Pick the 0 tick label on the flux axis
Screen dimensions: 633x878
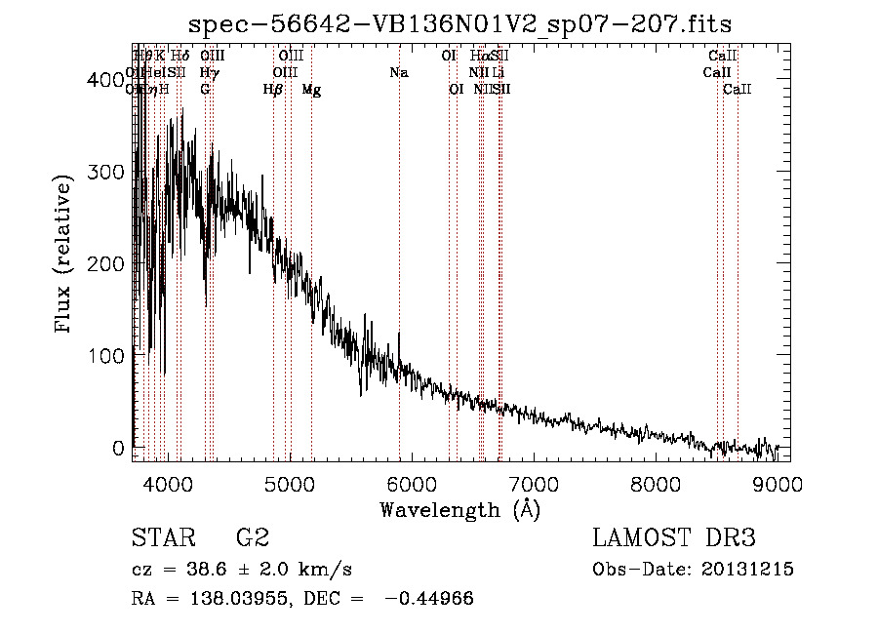(x=117, y=448)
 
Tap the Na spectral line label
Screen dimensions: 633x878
(x=398, y=72)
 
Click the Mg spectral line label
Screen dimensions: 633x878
(x=311, y=90)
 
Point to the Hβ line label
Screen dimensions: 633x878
(x=273, y=90)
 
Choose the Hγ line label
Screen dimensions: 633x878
(x=207, y=72)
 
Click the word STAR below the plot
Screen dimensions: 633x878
(x=163, y=537)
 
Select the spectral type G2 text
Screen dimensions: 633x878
(x=252, y=537)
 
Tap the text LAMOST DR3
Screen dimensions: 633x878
(x=673, y=537)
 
